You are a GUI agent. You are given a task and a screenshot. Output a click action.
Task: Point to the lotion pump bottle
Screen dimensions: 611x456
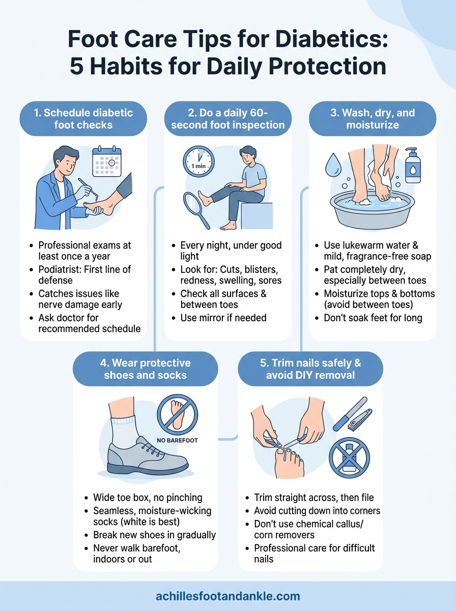pyautogui.click(x=413, y=166)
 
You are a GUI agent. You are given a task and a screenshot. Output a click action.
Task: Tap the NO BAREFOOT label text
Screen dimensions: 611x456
pyautogui.click(x=177, y=440)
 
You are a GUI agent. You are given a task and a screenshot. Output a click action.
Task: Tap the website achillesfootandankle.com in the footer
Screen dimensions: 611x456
pyautogui.click(x=227, y=596)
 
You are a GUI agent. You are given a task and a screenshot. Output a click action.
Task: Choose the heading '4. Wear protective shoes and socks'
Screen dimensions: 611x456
pyautogui.click(x=147, y=369)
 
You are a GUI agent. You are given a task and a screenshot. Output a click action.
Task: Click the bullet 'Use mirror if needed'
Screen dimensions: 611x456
pyautogui.click(x=223, y=318)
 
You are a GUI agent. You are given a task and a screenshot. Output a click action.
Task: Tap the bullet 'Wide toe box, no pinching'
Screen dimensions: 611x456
pyautogui.click(x=148, y=497)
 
